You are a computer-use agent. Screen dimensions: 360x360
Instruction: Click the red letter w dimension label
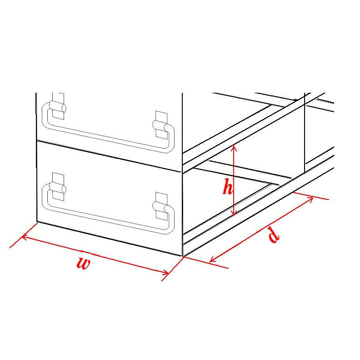[83, 263]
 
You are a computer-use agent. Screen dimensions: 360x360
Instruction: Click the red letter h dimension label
[227, 187]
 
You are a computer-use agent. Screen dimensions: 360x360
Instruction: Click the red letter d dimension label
[273, 234]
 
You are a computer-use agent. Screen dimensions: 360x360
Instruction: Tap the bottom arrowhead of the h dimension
[234, 214]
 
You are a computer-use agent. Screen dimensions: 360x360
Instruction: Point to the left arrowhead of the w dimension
[23, 237]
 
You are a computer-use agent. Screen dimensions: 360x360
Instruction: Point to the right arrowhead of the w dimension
[168, 273]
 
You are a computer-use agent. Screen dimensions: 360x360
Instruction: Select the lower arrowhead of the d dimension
[211, 261]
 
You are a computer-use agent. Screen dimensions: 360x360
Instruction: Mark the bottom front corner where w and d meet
[182, 257]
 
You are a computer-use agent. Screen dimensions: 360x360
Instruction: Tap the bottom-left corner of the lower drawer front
[37, 222]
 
